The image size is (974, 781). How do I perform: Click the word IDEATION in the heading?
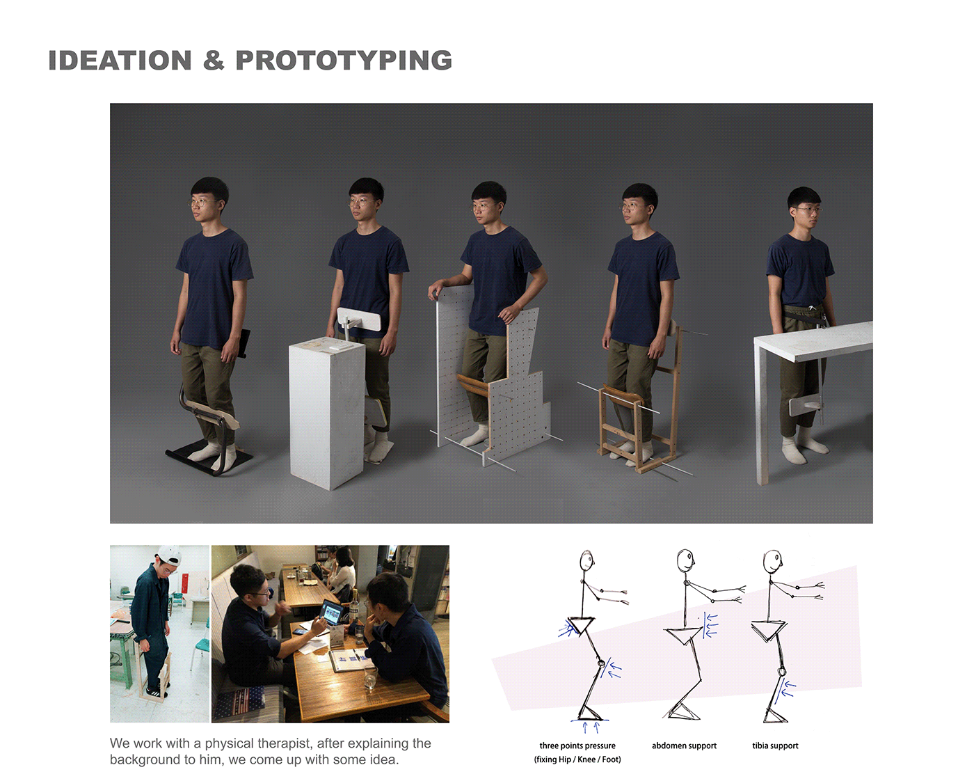[x=120, y=61]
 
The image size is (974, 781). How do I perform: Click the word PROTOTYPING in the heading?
[x=344, y=61]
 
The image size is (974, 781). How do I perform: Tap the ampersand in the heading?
[x=214, y=61]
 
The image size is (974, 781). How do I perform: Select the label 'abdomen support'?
[x=684, y=745]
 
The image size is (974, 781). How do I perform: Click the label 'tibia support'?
[x=775, y=745]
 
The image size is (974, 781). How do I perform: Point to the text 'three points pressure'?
[x=577, y=745]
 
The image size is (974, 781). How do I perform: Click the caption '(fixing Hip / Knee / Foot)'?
[x=577, y=759]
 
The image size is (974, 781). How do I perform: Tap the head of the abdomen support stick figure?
[x=686, y=559]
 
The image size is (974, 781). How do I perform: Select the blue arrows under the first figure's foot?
[x=590, y=727]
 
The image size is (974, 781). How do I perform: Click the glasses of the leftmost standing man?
[x=202, y=203]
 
